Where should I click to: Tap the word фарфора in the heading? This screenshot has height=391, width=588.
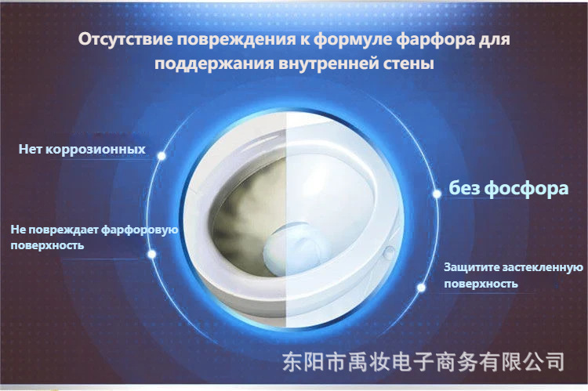point(435,40)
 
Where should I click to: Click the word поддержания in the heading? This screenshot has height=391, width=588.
point(214,63)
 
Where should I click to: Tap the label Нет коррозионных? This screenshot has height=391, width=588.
point(82,150)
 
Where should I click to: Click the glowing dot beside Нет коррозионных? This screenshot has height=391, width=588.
point(162,156)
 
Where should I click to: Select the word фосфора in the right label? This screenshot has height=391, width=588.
point(527,188)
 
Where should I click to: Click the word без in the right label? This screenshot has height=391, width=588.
point(464,187)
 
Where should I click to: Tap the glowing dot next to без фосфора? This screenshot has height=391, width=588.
point(437,194)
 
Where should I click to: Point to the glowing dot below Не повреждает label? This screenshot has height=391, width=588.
point(152,254)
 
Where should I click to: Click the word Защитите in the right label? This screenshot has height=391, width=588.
point(472,268)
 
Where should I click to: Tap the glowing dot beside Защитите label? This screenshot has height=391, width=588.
point(421,288)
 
